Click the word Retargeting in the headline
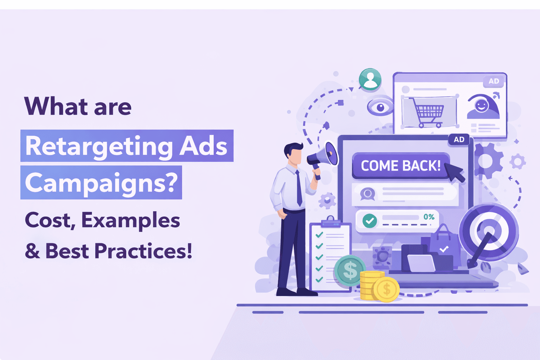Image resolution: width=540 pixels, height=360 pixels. (99, 147)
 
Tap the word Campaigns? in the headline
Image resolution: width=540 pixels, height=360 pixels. (101, 183)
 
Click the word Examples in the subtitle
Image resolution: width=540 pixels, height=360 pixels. (130, 220)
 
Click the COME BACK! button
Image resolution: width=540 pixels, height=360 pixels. (400, 166)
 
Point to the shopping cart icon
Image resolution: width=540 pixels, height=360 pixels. (429, 112)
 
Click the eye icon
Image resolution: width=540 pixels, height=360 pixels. (380, 106)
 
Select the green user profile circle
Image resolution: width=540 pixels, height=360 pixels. (370, 79)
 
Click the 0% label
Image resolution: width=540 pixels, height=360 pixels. (429, 217)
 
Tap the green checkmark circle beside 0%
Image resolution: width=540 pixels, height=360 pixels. (369, 221)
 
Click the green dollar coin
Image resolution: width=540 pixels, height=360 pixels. (350, 271)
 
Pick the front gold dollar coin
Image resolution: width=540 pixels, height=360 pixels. (386, 289)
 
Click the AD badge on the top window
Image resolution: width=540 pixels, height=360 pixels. (494, 81)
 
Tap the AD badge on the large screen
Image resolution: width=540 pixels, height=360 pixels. (459, 140)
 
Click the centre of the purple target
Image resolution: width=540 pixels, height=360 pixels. (489, 232)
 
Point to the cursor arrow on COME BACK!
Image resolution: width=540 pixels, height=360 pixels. (456, 172)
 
